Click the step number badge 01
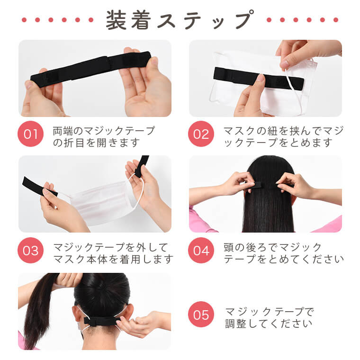coord(30,134)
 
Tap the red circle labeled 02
coord(201,134)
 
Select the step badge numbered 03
coord(30,250)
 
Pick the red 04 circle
coord(201,250)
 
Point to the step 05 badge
coord(201,315)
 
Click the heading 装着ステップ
coord(180,20)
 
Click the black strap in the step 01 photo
coord(90,69)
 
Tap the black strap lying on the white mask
coord(259,79)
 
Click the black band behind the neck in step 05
coord(102,321)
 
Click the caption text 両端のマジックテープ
coord(104,131)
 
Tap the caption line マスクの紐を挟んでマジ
coord(284,131)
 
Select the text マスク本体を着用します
coord(113,259)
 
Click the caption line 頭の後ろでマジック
coord(272,247)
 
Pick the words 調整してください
coord(269,324)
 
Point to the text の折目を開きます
coord(97,143)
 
